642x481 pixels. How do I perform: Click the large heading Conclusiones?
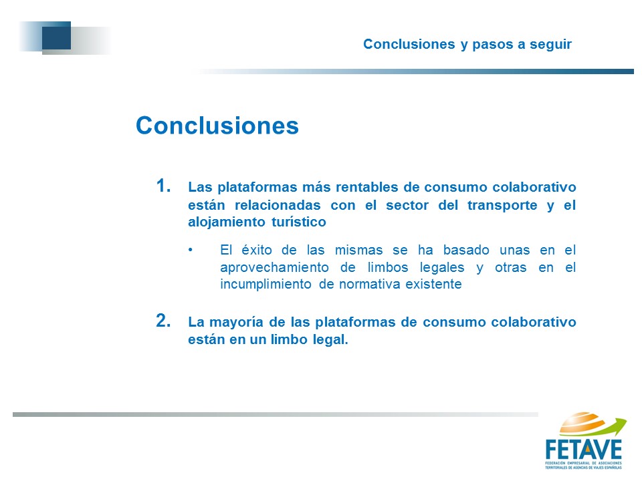[217, 125]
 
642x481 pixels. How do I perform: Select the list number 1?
[163, 186]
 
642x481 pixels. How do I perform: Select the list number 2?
[163, 321]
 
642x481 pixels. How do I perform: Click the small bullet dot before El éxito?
[191, 249]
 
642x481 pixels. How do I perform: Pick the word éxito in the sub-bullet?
[257, 250]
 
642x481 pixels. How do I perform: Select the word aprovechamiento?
[274, 267]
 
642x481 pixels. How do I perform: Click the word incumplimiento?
[265, 285]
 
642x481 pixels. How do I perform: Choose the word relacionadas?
[278, 205]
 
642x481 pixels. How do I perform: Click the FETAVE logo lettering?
[584, 450]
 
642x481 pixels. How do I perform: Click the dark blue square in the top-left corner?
[56, 35]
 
